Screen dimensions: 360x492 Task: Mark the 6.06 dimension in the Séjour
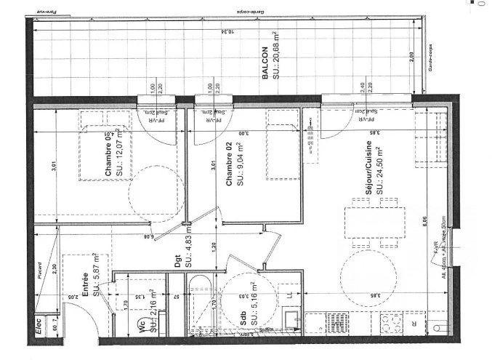[423, 219]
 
